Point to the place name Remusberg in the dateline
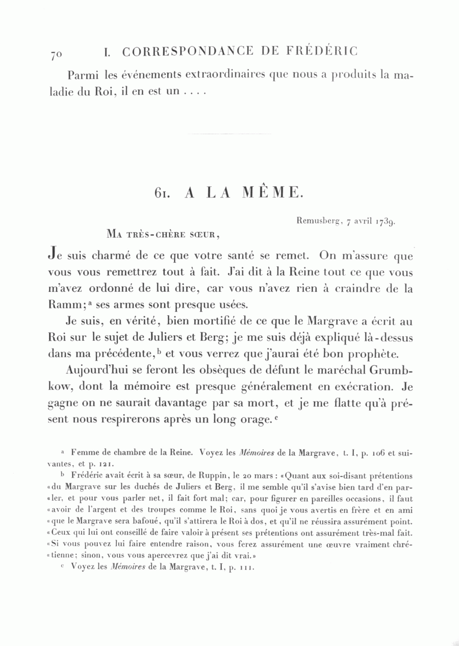(316, 221)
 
